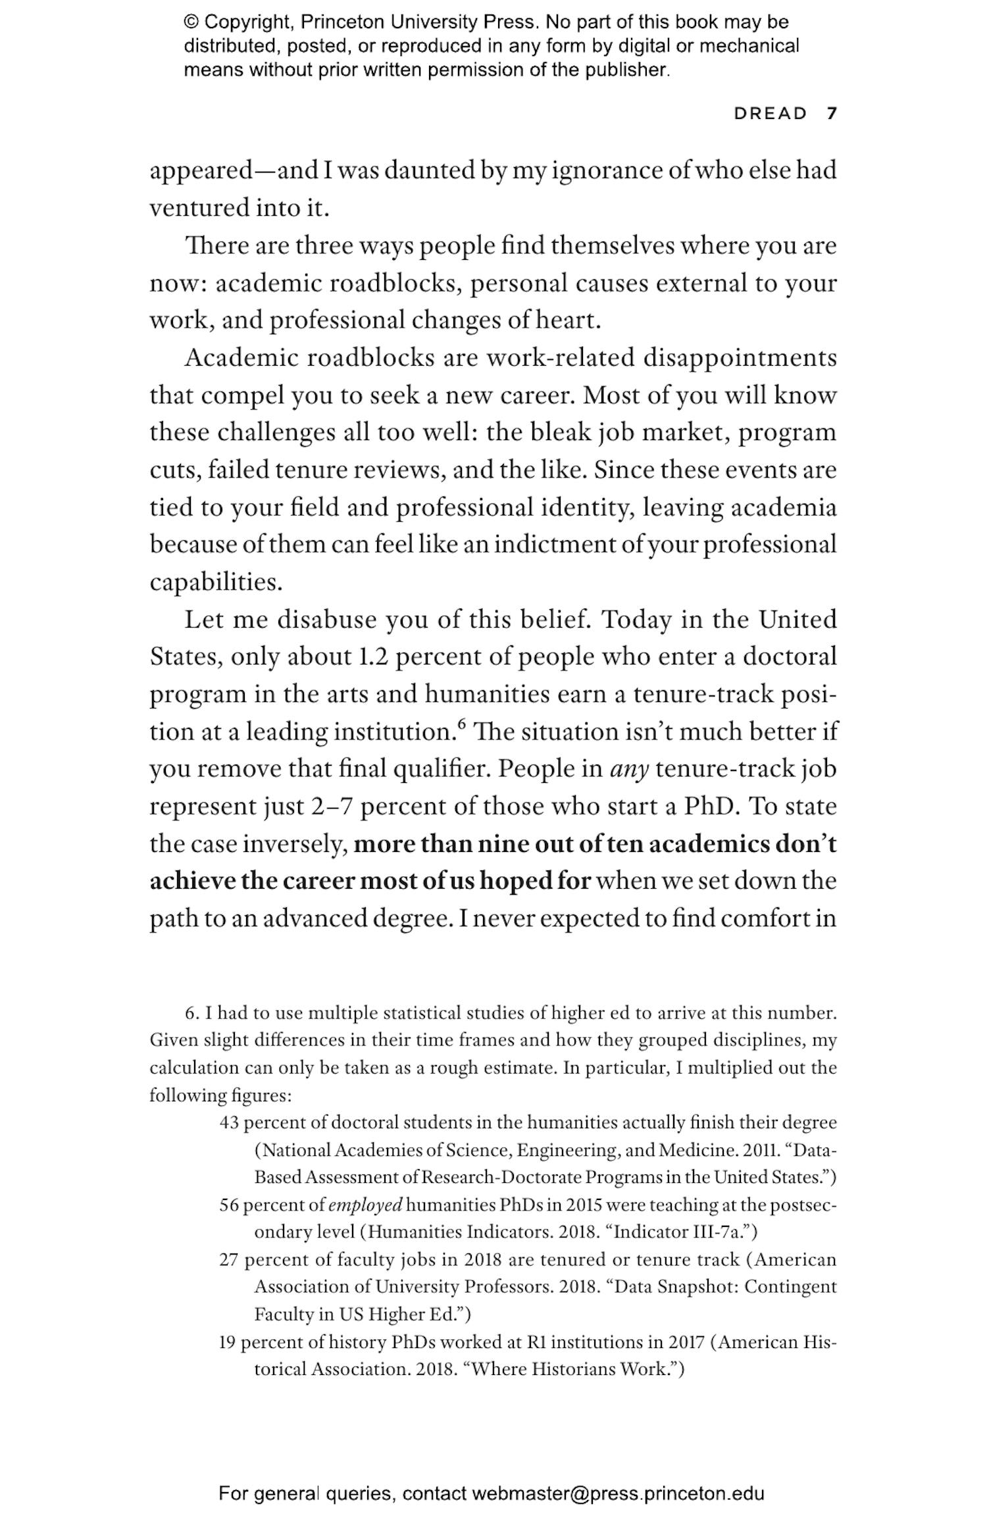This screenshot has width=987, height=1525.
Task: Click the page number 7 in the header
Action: pos(832,113)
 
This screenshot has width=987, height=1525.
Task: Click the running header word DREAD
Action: pos(770,113)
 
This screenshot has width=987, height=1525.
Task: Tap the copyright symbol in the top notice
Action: pos(191,22)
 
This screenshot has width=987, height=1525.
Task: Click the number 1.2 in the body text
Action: pos(372,657)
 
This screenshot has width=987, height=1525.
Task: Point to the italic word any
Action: pos(630,769)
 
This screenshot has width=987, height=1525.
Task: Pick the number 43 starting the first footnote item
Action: pos(228,1122)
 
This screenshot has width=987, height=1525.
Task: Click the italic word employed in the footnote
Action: pos(365,1205)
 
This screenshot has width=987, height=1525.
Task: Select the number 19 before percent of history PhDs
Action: pos(226,1342)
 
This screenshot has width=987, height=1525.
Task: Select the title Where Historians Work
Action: pos(570,1370)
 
